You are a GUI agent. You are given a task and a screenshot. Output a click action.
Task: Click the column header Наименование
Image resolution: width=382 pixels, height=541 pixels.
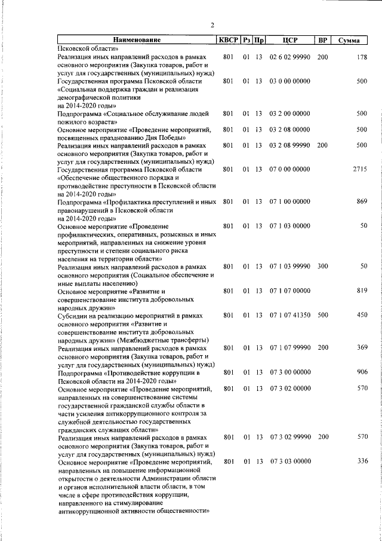point(136,40)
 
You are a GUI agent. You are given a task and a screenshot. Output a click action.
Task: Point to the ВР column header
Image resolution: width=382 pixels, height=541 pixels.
point(322,40)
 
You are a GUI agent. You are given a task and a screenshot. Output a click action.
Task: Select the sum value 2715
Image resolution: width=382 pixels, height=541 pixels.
point(359,169)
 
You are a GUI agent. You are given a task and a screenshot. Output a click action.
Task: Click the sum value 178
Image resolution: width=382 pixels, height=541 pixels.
point(361,57)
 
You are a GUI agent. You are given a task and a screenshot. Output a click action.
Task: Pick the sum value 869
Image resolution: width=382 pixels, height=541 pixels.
point(361,202)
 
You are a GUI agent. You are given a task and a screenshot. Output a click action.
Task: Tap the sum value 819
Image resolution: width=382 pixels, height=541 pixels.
point(361,291)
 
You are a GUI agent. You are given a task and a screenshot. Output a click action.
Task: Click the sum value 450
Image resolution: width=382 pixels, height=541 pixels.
point(361,315)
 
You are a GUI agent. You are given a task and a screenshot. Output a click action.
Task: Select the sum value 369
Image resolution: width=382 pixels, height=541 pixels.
point(361,347)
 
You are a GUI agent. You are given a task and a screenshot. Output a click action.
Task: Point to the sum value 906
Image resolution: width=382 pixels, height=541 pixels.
point(361,372)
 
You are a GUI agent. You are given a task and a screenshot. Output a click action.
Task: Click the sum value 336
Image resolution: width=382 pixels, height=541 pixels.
point(361,461)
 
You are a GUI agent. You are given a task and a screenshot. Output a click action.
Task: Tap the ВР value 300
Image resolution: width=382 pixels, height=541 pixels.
point(322,266)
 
